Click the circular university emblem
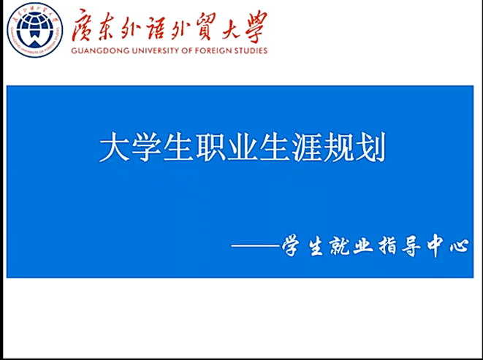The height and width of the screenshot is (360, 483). coord(35,30)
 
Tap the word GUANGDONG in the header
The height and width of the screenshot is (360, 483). coord(99,50)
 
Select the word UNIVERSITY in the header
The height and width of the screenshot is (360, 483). coord(156,50)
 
